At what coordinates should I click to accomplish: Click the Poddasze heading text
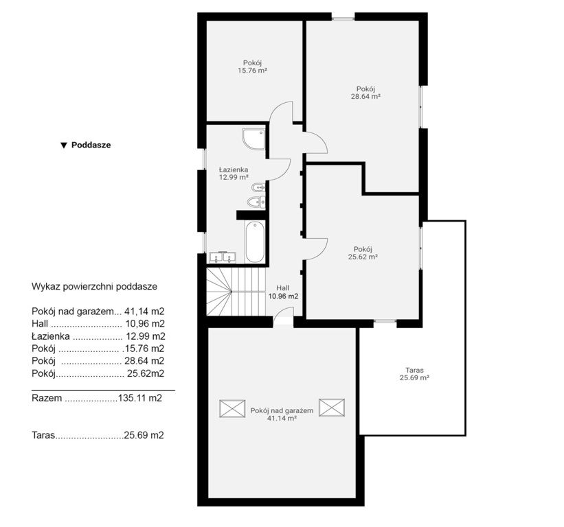tap(91, 145)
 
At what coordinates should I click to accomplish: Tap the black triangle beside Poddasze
tap(64, 145)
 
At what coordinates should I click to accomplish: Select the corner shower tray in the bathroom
tap(254, 139)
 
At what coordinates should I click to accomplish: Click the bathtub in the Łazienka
tap(255, 242)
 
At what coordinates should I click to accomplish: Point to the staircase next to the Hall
tap(236, 292)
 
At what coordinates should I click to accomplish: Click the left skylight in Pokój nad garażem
tap(232, 408)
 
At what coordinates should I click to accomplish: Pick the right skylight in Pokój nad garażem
tap(332, 408)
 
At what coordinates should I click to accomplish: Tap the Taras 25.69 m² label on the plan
tap(414, 373)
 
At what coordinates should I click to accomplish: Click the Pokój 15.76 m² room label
tap(252, 67)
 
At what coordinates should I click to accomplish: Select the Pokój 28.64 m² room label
tap(365, 93)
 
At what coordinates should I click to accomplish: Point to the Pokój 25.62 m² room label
tap(363, 253)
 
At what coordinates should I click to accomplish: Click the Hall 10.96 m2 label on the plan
tap(283, 292)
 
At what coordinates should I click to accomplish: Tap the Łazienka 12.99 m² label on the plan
tap(234, 173)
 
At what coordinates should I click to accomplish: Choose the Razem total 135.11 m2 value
tap(140, 398)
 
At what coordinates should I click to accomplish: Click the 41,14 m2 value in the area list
tap(144, 312)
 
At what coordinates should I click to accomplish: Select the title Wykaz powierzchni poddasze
tap(95, 287)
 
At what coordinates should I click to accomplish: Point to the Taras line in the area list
tap(98, 436)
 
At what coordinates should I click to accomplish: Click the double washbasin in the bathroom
tap(223, 257)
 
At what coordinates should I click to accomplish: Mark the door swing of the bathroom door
tap(280, 169)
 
